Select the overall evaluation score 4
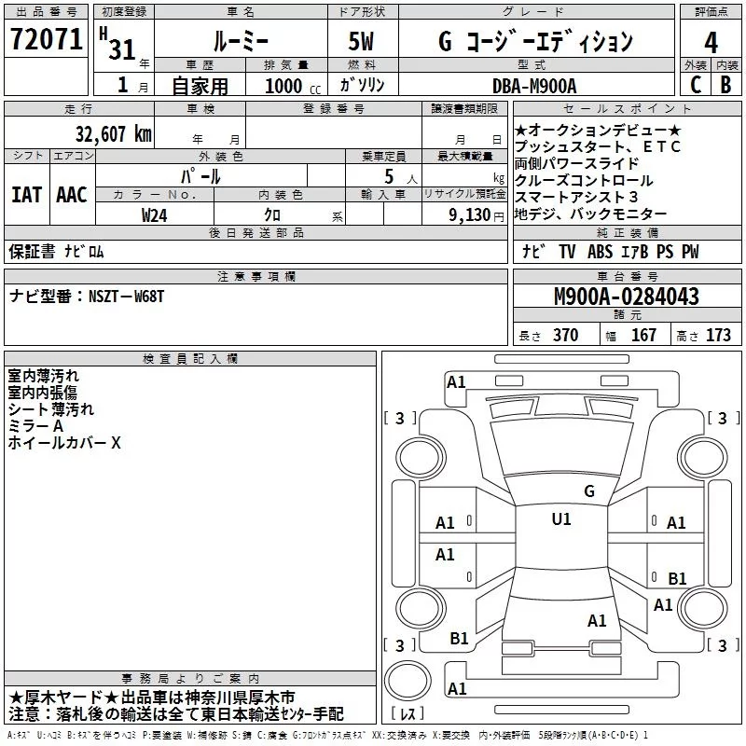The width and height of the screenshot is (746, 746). [711, 41]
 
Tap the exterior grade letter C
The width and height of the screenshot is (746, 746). [695, 83]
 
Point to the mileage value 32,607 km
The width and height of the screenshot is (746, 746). [113, 133]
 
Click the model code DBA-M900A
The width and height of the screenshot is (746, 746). [534, 85]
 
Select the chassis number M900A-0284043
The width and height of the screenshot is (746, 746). [626, 297]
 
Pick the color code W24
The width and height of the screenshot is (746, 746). [155, 214]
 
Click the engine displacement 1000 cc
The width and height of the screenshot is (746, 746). [285, 85]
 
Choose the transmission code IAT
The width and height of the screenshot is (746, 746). [26, 194]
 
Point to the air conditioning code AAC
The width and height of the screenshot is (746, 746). [72, 194]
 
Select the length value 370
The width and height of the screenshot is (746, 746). [565, 335]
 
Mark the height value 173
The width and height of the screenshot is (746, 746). [718, 335]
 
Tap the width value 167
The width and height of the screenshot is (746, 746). [643, 335]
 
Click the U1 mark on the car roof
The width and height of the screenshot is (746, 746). [560, 518]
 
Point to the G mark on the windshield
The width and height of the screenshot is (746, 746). [588, 490]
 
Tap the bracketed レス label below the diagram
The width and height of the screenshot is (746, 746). [408, 713]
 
